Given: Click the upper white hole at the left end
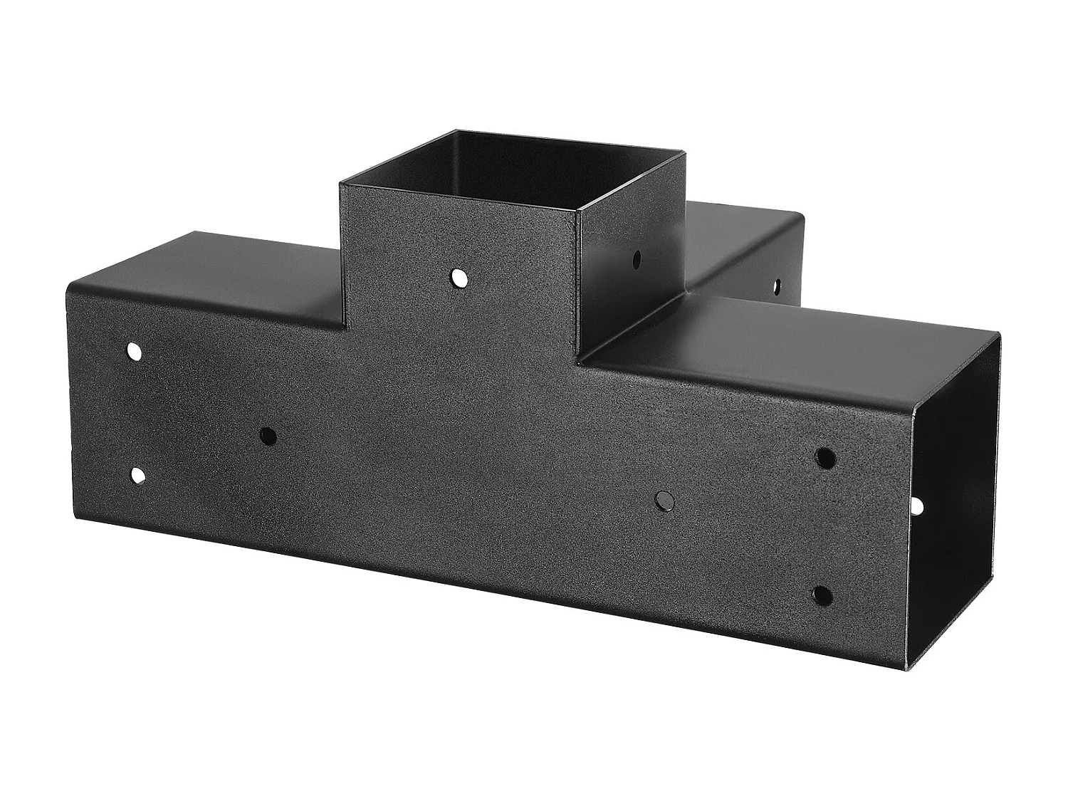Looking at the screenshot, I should coord(134,351).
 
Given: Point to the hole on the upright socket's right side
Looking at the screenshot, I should coord(636,256).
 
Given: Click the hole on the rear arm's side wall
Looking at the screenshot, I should coord(777,286).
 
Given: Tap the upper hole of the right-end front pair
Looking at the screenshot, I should coord(824,457).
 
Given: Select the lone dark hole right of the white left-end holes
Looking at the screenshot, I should coord(268,436).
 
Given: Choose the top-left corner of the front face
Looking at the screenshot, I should coord(66,283).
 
